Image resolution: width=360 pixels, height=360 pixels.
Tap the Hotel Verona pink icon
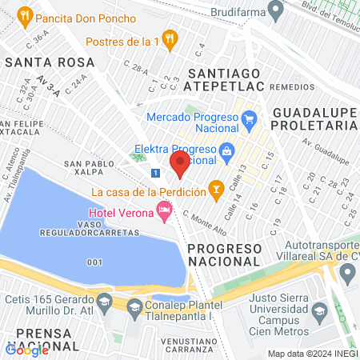[x=166, y=210]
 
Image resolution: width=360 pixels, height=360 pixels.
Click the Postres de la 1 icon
[x=169, y=37]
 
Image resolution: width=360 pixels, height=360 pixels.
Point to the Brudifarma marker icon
[x=277, y=12]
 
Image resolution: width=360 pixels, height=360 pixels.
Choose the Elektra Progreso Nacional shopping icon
[x=226, y=150]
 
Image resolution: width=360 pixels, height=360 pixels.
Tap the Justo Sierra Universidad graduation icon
[x=319, y=310]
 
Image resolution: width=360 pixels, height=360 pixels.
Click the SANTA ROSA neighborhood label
[x=50, y=62]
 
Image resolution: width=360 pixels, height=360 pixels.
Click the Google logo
[x=27, y=349]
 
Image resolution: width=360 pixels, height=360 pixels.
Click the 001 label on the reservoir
[x=94, y=261]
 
